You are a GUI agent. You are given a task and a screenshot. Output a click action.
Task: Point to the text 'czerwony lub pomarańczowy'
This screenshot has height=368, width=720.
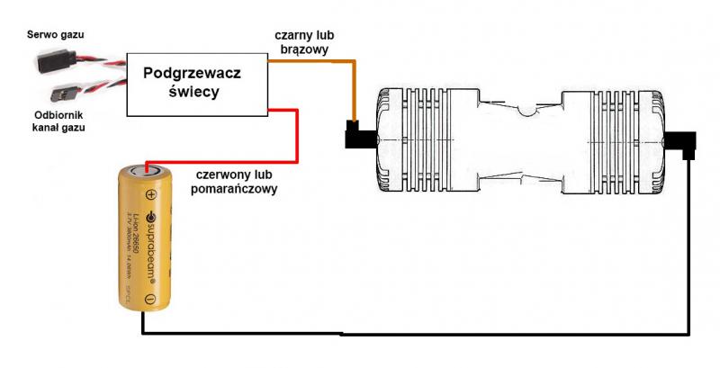[x=235, y=181]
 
